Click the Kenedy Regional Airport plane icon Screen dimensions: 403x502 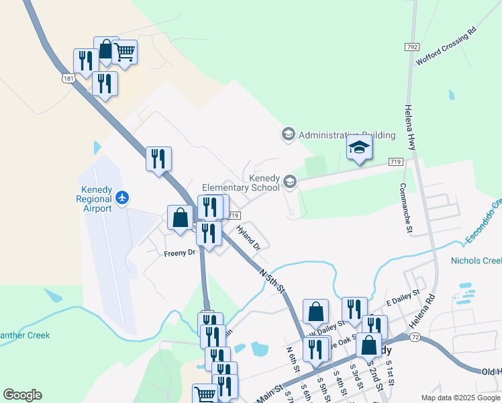[121, 197]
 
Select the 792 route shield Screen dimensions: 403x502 [412, 47]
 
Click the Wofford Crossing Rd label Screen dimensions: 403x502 [446, 46]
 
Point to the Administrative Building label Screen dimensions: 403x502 [346, 135]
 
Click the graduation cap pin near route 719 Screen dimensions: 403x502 [359, 148]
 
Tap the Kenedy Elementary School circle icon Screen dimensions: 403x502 [290, 181]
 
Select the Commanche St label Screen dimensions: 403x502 [406, 208]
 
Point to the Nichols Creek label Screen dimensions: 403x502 [476, 261]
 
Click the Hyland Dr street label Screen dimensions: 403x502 [248, 238]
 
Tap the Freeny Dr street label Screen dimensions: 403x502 [179, 253]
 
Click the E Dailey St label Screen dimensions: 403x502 [401, 296]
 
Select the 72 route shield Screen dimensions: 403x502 [415, 336]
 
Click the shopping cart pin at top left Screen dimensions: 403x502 [124, 50]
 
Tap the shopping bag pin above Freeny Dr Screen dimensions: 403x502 [180, 217]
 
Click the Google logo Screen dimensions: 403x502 [22, 395]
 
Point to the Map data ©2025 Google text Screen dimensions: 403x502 [460, 398]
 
